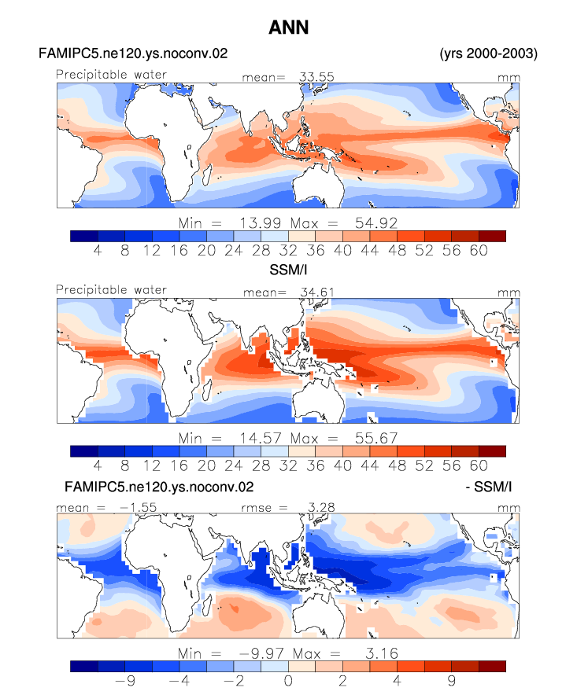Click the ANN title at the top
point(288,28)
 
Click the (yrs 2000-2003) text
point(488,53)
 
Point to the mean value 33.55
point(316,77)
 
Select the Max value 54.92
point(376,223)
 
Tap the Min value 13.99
point(261,223)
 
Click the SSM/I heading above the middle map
point(288,270)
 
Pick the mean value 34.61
point(317,292)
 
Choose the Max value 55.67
point(376,439)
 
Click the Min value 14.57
point(261,439)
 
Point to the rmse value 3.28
point(321,508)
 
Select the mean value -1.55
point(138,508)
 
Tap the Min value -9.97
point(261,654)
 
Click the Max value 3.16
point(382,654)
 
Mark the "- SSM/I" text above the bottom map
point(488,487)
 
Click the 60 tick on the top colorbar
point(479,251)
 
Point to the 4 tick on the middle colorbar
point(98,466)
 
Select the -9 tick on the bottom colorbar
point(125,681)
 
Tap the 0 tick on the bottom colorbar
point(288,681)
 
